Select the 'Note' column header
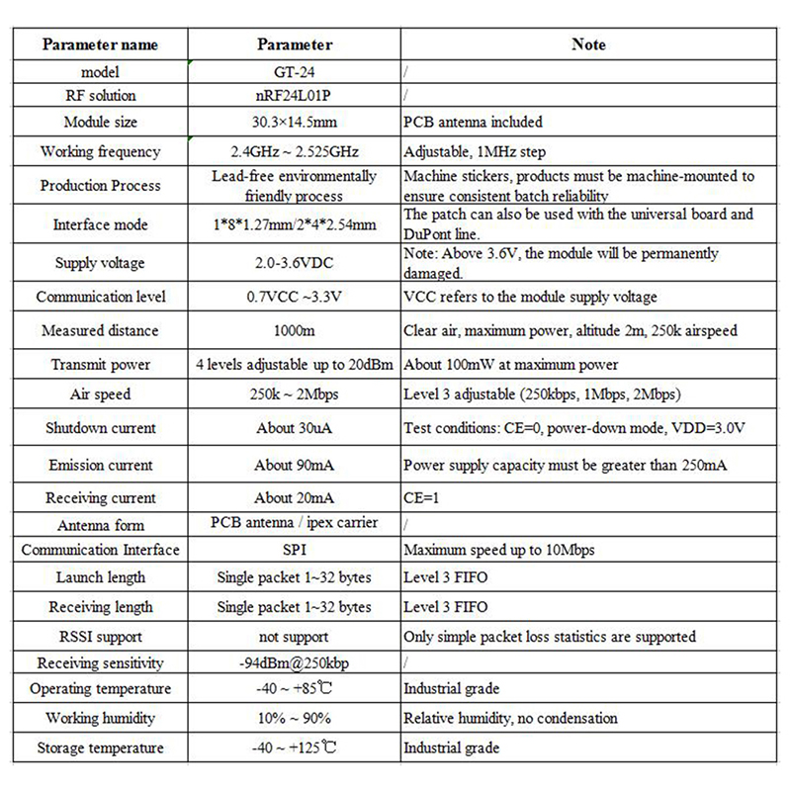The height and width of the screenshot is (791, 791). [589, 44]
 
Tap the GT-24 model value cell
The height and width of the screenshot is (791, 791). [294, 71]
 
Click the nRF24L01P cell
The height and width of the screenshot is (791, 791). [294, 96]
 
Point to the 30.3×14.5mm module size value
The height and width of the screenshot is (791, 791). [294, 122]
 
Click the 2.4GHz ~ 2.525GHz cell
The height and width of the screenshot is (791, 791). [294, 152]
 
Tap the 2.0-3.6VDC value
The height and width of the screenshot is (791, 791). [294, 263]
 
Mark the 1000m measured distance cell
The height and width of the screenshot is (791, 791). [294, 330]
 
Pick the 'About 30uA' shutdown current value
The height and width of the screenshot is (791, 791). [294, 429]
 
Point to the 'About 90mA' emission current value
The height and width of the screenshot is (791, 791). [294, 465]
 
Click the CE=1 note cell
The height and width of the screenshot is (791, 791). [421, 498]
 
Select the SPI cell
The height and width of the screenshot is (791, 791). [294, 550]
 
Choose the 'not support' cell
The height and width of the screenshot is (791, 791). [294, 637]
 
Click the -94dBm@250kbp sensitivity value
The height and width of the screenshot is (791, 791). [294, 662]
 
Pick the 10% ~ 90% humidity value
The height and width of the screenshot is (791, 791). [294, 718]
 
